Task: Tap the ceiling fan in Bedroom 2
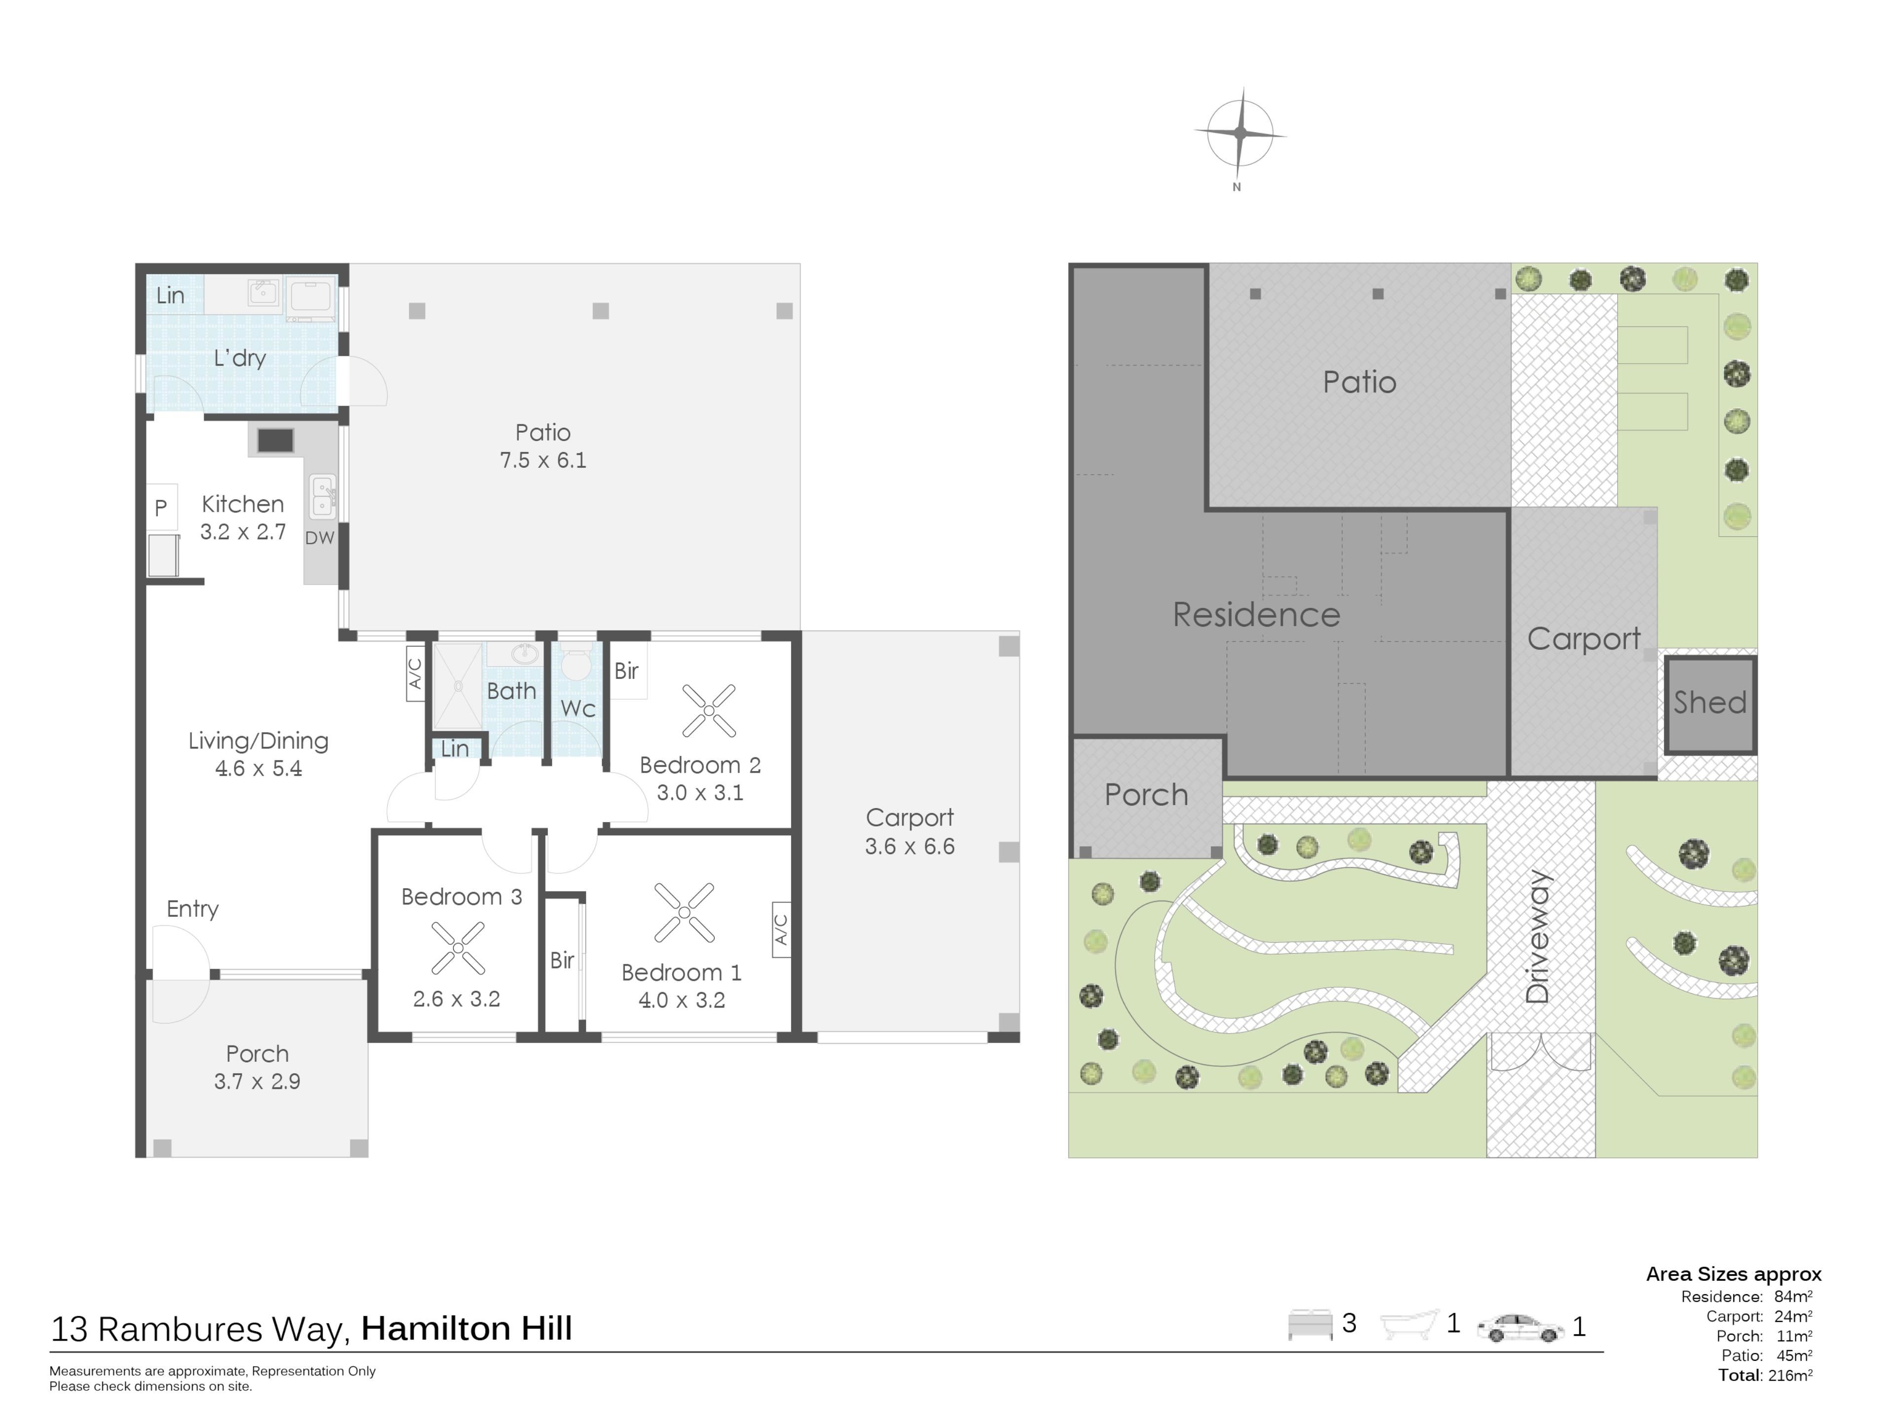point(709,710)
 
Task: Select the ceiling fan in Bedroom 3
point(458,948)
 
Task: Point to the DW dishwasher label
point(320,538)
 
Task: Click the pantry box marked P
point(161,507)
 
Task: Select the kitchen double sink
point(323,497)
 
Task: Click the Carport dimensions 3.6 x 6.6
point(910,846)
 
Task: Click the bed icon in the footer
point(1310,1324)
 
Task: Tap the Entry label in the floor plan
point(193,909)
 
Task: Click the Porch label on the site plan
point(1146,795)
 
